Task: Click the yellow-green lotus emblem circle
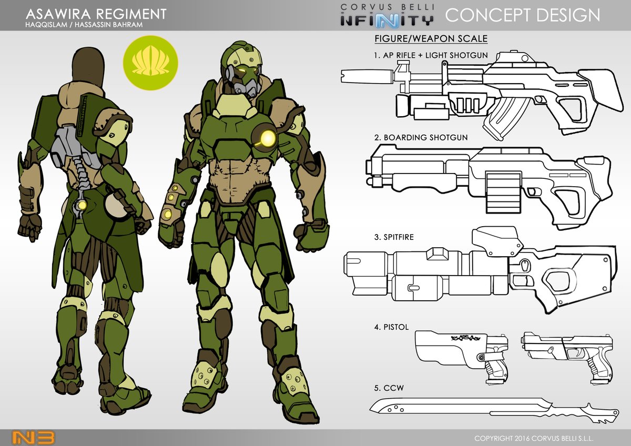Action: pyautogui.click(x=150, y=63)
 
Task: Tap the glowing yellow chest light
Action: pyautogui.click(x=267, y=138)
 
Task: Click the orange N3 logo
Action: pyautogui.click(x=34, y=438)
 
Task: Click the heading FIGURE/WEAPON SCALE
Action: pyautogui.click(x=431, y=38)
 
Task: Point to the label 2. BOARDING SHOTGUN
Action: pyautogui.click(x=421, y=137)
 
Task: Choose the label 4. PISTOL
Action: pyautogui.click(x=391, y=327)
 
